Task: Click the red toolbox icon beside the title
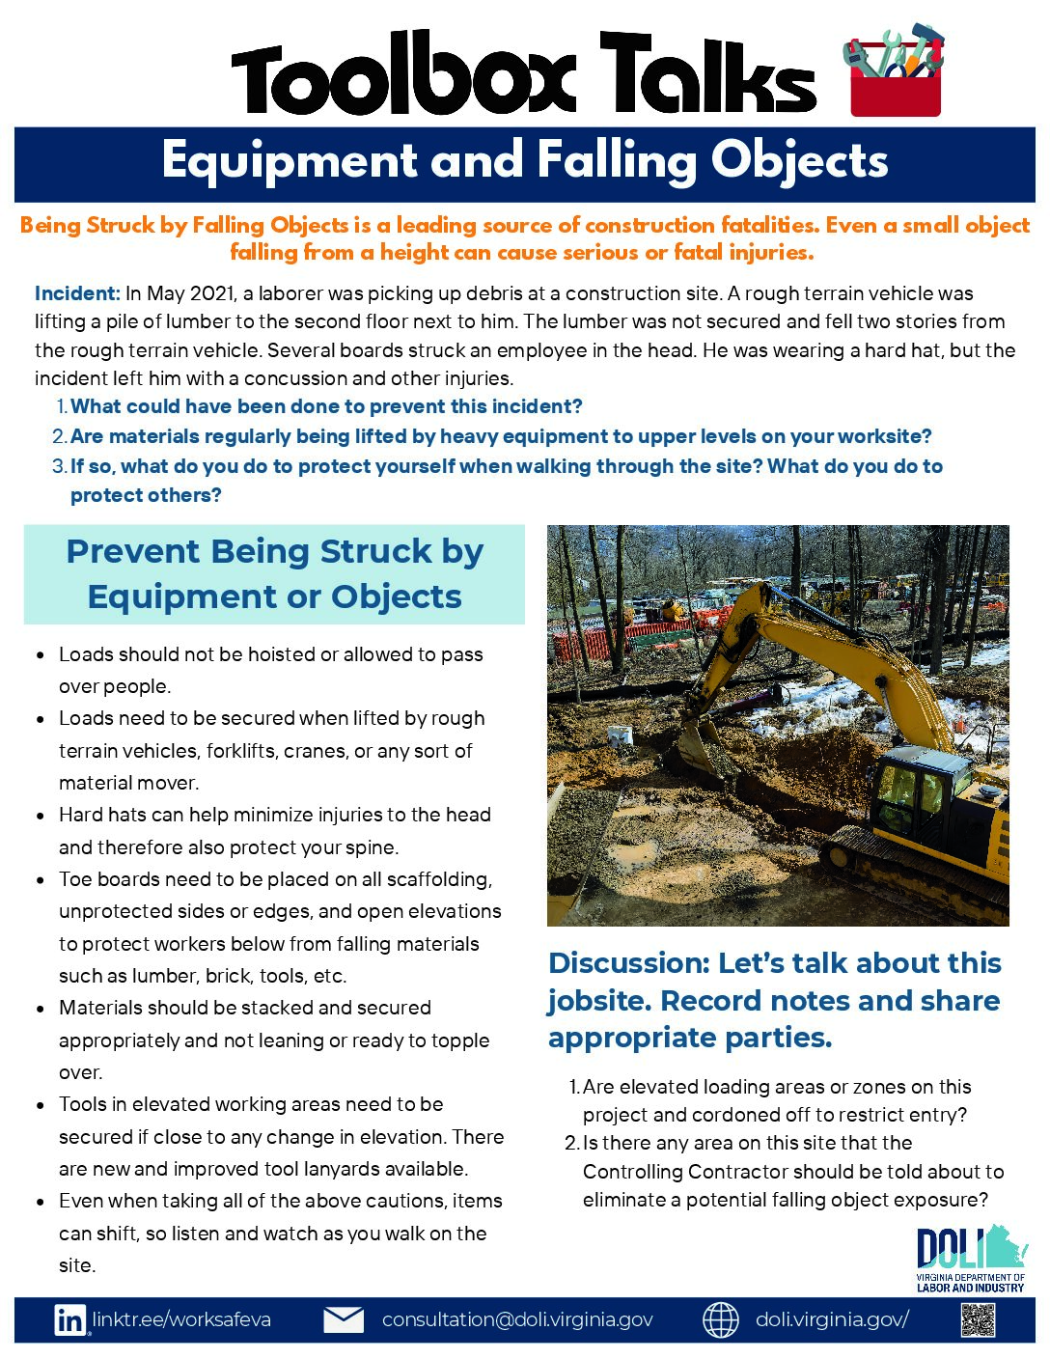[x=894, y=75]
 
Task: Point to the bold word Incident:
[x=77, y=293]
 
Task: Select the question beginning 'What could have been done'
[x=326, y=406]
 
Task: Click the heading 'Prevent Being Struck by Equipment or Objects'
[x=274, y=574]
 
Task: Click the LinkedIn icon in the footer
[x=69, y=1320]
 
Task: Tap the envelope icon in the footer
[x=343, y=1319]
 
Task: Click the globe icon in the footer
[x=720, y=1320]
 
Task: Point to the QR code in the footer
[x=978, y=1319]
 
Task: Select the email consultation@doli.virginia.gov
[x=517, y=1319]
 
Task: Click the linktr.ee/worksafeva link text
[x=181, y=1319]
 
